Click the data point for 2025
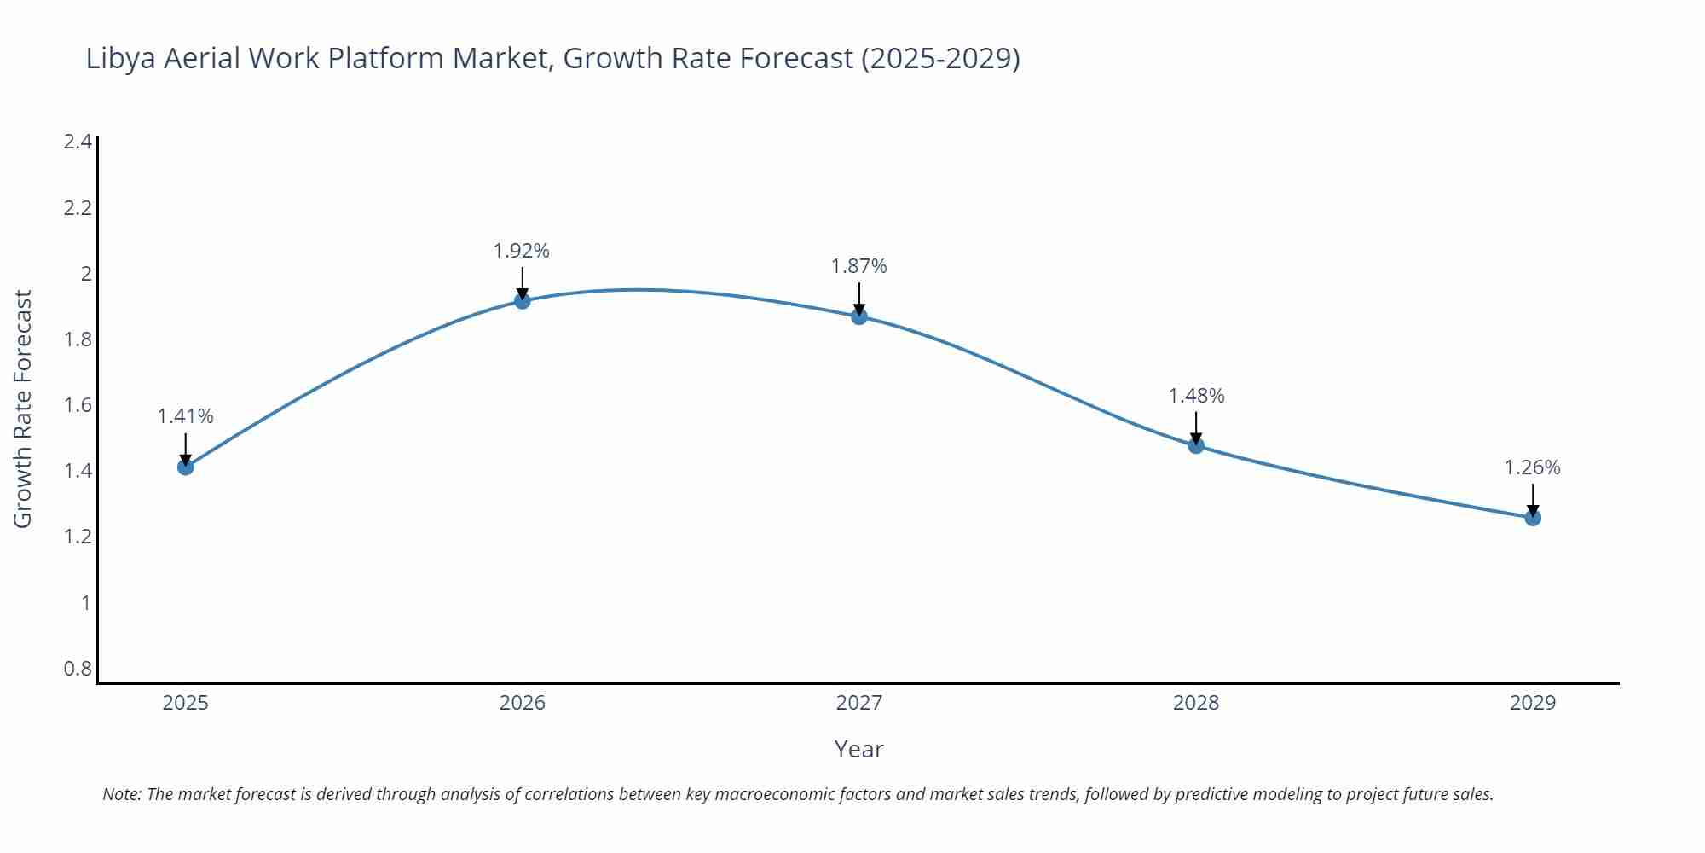186,467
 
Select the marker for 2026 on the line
523,300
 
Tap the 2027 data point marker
859,316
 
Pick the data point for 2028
1196,445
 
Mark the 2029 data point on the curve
1533,517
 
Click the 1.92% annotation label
522,251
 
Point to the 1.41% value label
185,416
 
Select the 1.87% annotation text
858,266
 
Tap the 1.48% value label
1196,396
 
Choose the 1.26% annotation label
1532,467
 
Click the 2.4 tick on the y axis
78,142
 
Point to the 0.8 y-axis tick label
78,669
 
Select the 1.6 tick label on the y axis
78,405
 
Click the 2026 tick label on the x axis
523,703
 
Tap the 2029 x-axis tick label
1533,703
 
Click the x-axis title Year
858,749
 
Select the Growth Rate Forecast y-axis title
23,409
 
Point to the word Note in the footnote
122,794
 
